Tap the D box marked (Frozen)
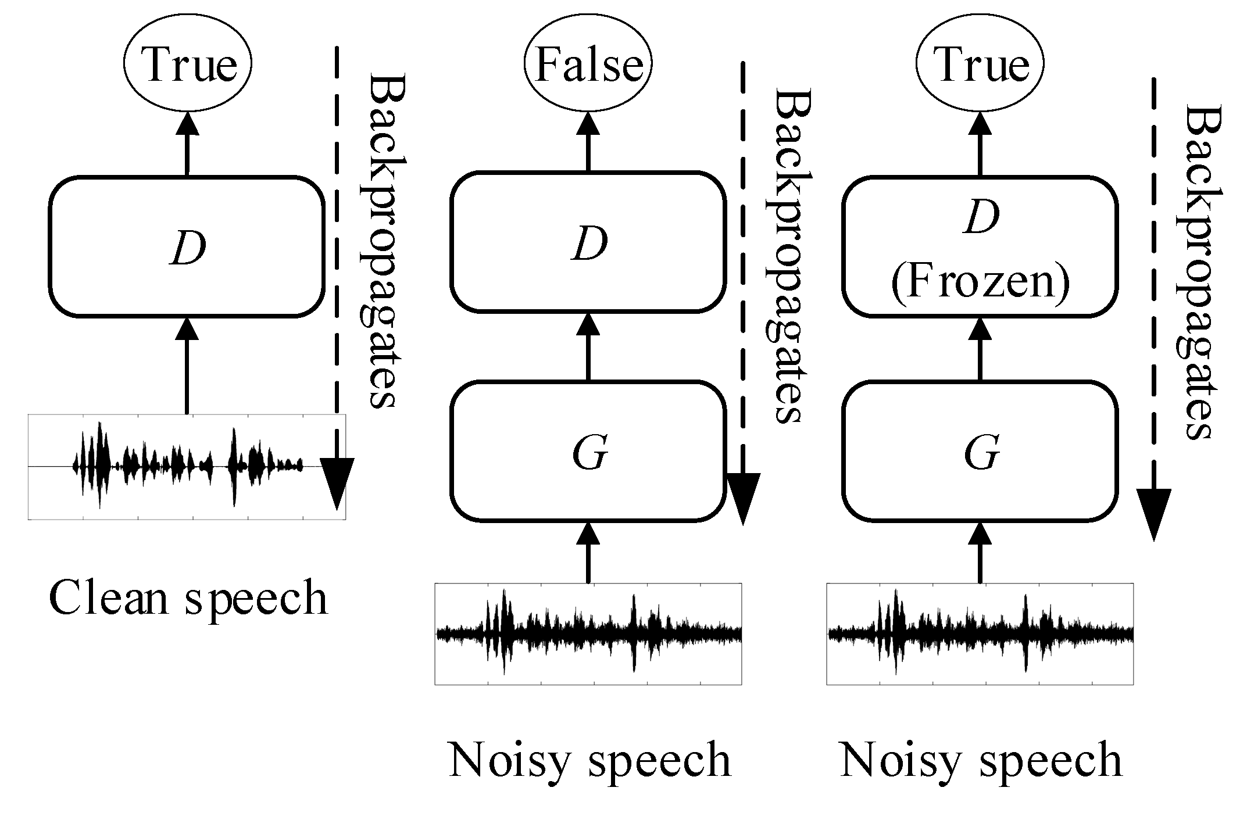click(980, 247)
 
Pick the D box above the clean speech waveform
click(186, 247)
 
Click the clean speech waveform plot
click(186, 467)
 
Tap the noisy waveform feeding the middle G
click(588, 634)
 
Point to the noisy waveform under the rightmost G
click(980, 634)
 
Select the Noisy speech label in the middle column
click(589, 760)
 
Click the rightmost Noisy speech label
click(981, 760)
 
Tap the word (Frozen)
click(980, 284)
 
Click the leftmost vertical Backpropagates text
click(381, 241)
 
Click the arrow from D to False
click(588, 142)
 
